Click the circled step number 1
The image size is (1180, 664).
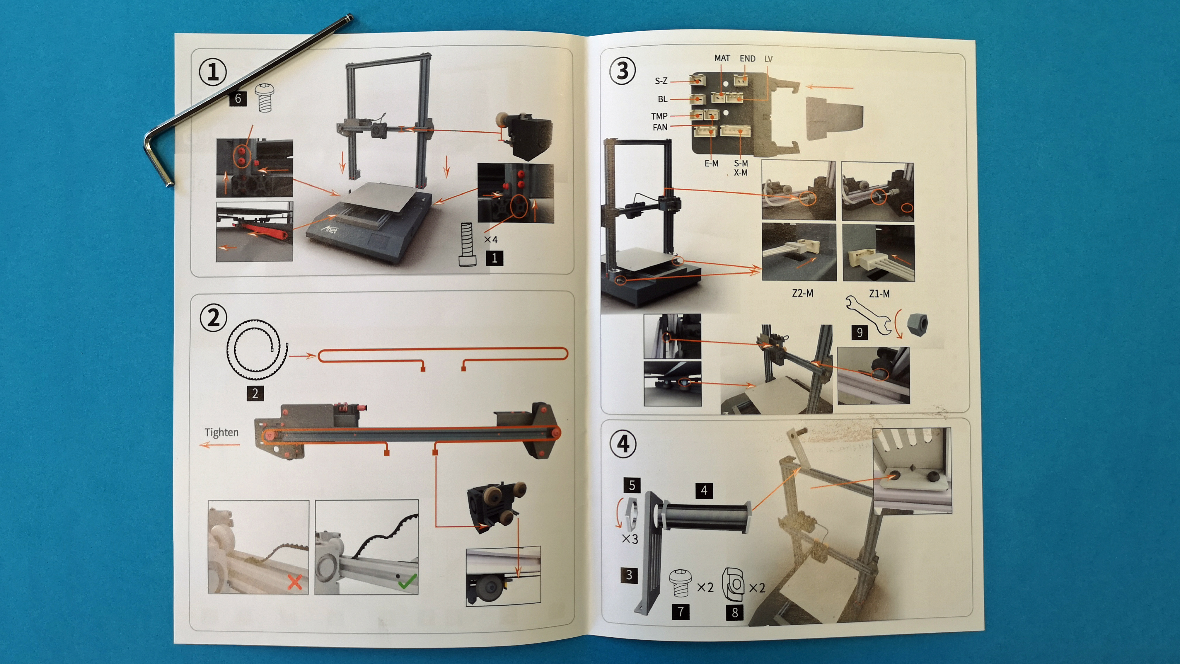[x=213, y=72]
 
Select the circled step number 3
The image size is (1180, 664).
[x=622, y=71]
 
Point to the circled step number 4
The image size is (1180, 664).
[x=623, y=444]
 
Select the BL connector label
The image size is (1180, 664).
[x=662, y=99]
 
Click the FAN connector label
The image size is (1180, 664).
[x=660, y=127]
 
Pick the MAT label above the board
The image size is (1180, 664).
[x=722, y=58]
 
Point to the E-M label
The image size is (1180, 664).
[x=711, y=163]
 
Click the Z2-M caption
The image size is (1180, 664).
[x=803, y=293]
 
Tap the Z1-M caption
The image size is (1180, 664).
[x=879, y=294]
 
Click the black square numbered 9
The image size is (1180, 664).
[x=859, y=332]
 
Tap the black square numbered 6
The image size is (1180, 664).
[x=238, y=98]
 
